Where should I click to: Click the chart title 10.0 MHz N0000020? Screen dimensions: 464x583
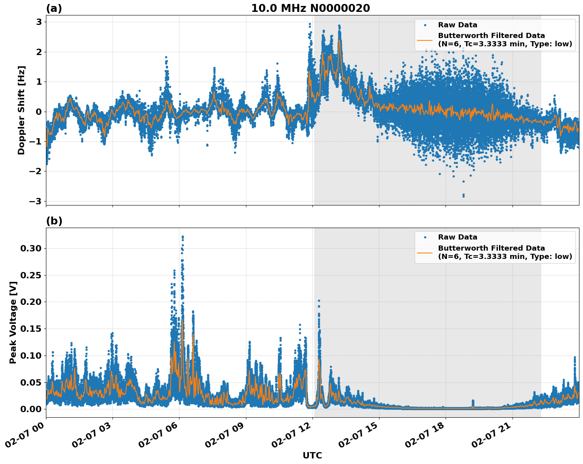coord(311,8)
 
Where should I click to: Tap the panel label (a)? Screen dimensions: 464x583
coord(54,8)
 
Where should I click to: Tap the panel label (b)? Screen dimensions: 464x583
coord(54,221)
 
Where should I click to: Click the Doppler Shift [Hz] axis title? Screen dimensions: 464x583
coord(21,110)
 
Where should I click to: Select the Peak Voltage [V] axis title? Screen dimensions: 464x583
coord(13,323)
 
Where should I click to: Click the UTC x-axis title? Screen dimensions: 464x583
coord(312,455)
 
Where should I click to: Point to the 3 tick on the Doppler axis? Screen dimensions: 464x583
coord(39,22)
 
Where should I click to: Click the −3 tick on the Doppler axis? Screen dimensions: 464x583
coord(35,201)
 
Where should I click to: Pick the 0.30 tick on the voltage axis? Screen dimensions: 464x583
coord(30,249)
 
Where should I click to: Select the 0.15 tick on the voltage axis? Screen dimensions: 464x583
coord(30,329)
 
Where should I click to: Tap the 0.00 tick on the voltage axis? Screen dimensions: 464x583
coord(30,409)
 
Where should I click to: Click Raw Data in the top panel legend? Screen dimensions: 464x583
coord(457,25)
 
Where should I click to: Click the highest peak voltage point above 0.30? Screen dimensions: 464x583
coord(183,237)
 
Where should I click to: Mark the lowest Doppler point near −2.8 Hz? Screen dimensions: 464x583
coord(463,196)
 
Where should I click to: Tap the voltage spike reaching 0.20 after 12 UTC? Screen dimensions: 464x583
coord(319,301)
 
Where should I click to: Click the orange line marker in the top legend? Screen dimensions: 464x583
coord(425,40)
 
